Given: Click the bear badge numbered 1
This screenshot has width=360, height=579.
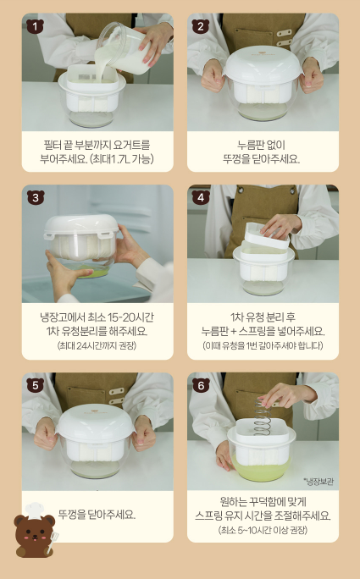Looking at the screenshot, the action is (x=35, y=26).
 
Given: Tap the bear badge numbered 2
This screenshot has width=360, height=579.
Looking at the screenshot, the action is (x=201, y=26).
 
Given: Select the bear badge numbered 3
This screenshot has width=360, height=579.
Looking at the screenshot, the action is (x=36, y=198).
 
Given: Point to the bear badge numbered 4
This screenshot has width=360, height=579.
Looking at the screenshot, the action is (x=201, y=197).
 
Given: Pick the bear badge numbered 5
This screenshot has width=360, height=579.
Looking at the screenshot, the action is (x=35, y=385).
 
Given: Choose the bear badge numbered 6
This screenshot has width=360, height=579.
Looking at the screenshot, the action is (x=201, y=385).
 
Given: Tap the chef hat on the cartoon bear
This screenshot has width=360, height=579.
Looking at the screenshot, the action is (x=35, y=510).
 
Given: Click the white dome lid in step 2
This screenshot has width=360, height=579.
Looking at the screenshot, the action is (x=263, y=66).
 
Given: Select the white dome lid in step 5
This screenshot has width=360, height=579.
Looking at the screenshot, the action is (x=96, y=424).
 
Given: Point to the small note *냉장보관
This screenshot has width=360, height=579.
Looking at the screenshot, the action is (x=318, y=482).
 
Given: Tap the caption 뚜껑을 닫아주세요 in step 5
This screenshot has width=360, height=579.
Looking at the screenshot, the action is (x=97, y=515).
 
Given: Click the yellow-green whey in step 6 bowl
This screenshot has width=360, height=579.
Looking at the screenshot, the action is (x=262, y=470).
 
